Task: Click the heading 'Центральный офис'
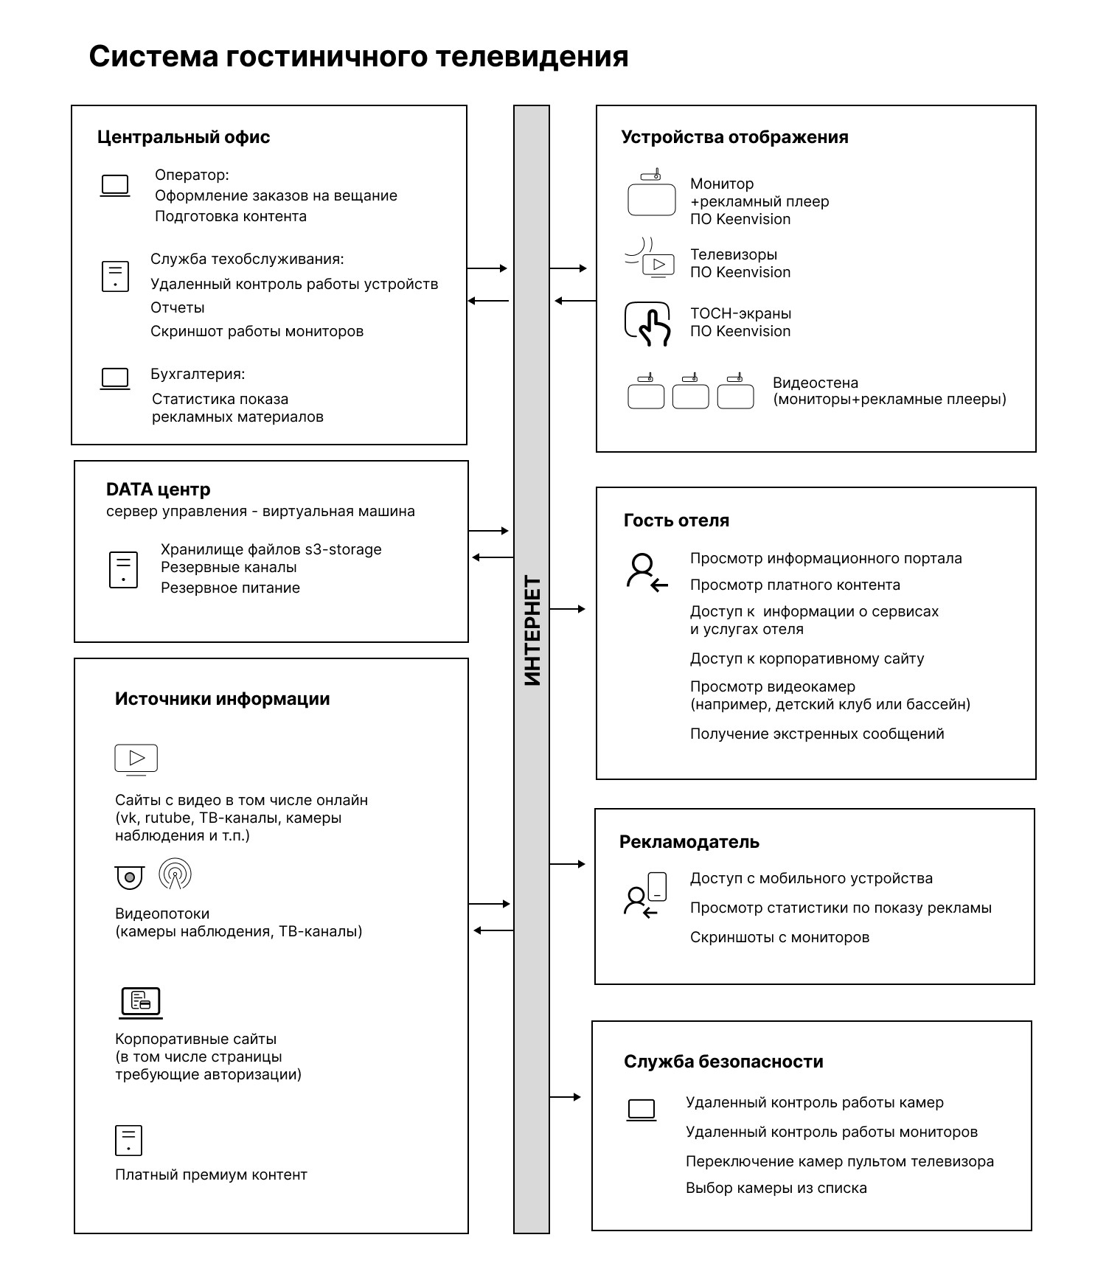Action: [x=184, y=137]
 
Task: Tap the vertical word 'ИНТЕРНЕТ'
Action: [x=532, y=630]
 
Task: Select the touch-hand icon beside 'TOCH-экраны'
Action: [x=647, y=324]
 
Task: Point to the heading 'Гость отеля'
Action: [x=676, y=521]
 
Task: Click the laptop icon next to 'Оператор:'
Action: [x=115, y=186]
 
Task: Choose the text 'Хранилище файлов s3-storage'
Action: [x=271, y=549]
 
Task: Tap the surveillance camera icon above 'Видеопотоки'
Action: [x=130, y=877]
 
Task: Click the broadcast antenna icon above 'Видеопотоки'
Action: [x=175, y=874]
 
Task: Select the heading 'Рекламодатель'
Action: [x=689, y=842]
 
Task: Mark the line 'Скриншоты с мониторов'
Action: [x=779, y=937]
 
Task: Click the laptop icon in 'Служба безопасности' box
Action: [x=641, y=1110]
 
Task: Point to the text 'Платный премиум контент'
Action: [x=211, y=1174]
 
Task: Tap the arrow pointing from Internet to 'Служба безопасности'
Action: [x=566, y=1097]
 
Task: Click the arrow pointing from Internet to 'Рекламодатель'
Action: [x=567, y=864]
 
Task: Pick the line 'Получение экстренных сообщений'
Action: [x=817, y=734]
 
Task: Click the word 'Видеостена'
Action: [x=816, y=383]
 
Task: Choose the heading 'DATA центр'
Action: [x=159, y=490]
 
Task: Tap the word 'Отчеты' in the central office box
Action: [x=178, y=307]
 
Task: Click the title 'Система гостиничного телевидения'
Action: [x=358, y=57]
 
